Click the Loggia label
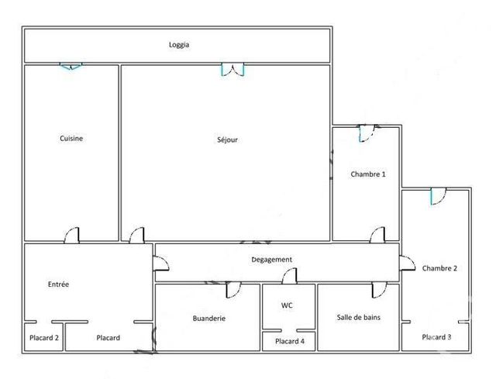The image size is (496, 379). pyautogui.click(x=179, y=45)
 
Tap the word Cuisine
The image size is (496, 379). pyautogui.click(x=71, y=139)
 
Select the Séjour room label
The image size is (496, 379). pyautogui.click(x=227, y=140)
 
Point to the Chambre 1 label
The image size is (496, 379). pyautogui.click(x=367, y=174)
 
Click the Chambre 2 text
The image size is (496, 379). pyautogui.click(x=439, y=269)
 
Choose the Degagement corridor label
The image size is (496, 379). pyautogui.click(x=271, y=260)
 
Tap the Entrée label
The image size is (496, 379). pyautogui.click(x=58, y=284)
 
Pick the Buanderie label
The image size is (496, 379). pyautogui.click(x=208, y=319)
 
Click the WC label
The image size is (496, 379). pyautogui.click(x=287, y=305)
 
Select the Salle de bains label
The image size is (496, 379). pyautogui.click(x=357, y=318)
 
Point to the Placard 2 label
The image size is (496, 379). pyautogui.click(x=44, y=338)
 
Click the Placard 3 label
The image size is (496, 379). pyautogui.click(x=436, y=337)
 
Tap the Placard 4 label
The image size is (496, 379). pyautogui.click(x=289, y=341)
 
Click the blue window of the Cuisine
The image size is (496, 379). pyautogui.click(x=71, y=67)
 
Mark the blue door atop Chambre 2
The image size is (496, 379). pyautogui.click(x=436, y=197)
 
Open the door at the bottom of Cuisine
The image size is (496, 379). pyautogui.click(x=71, y=235)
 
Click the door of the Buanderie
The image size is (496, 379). pyautogui.click(x=232, y=291)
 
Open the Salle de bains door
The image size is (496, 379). pyautogui.click(x=378, y=291)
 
